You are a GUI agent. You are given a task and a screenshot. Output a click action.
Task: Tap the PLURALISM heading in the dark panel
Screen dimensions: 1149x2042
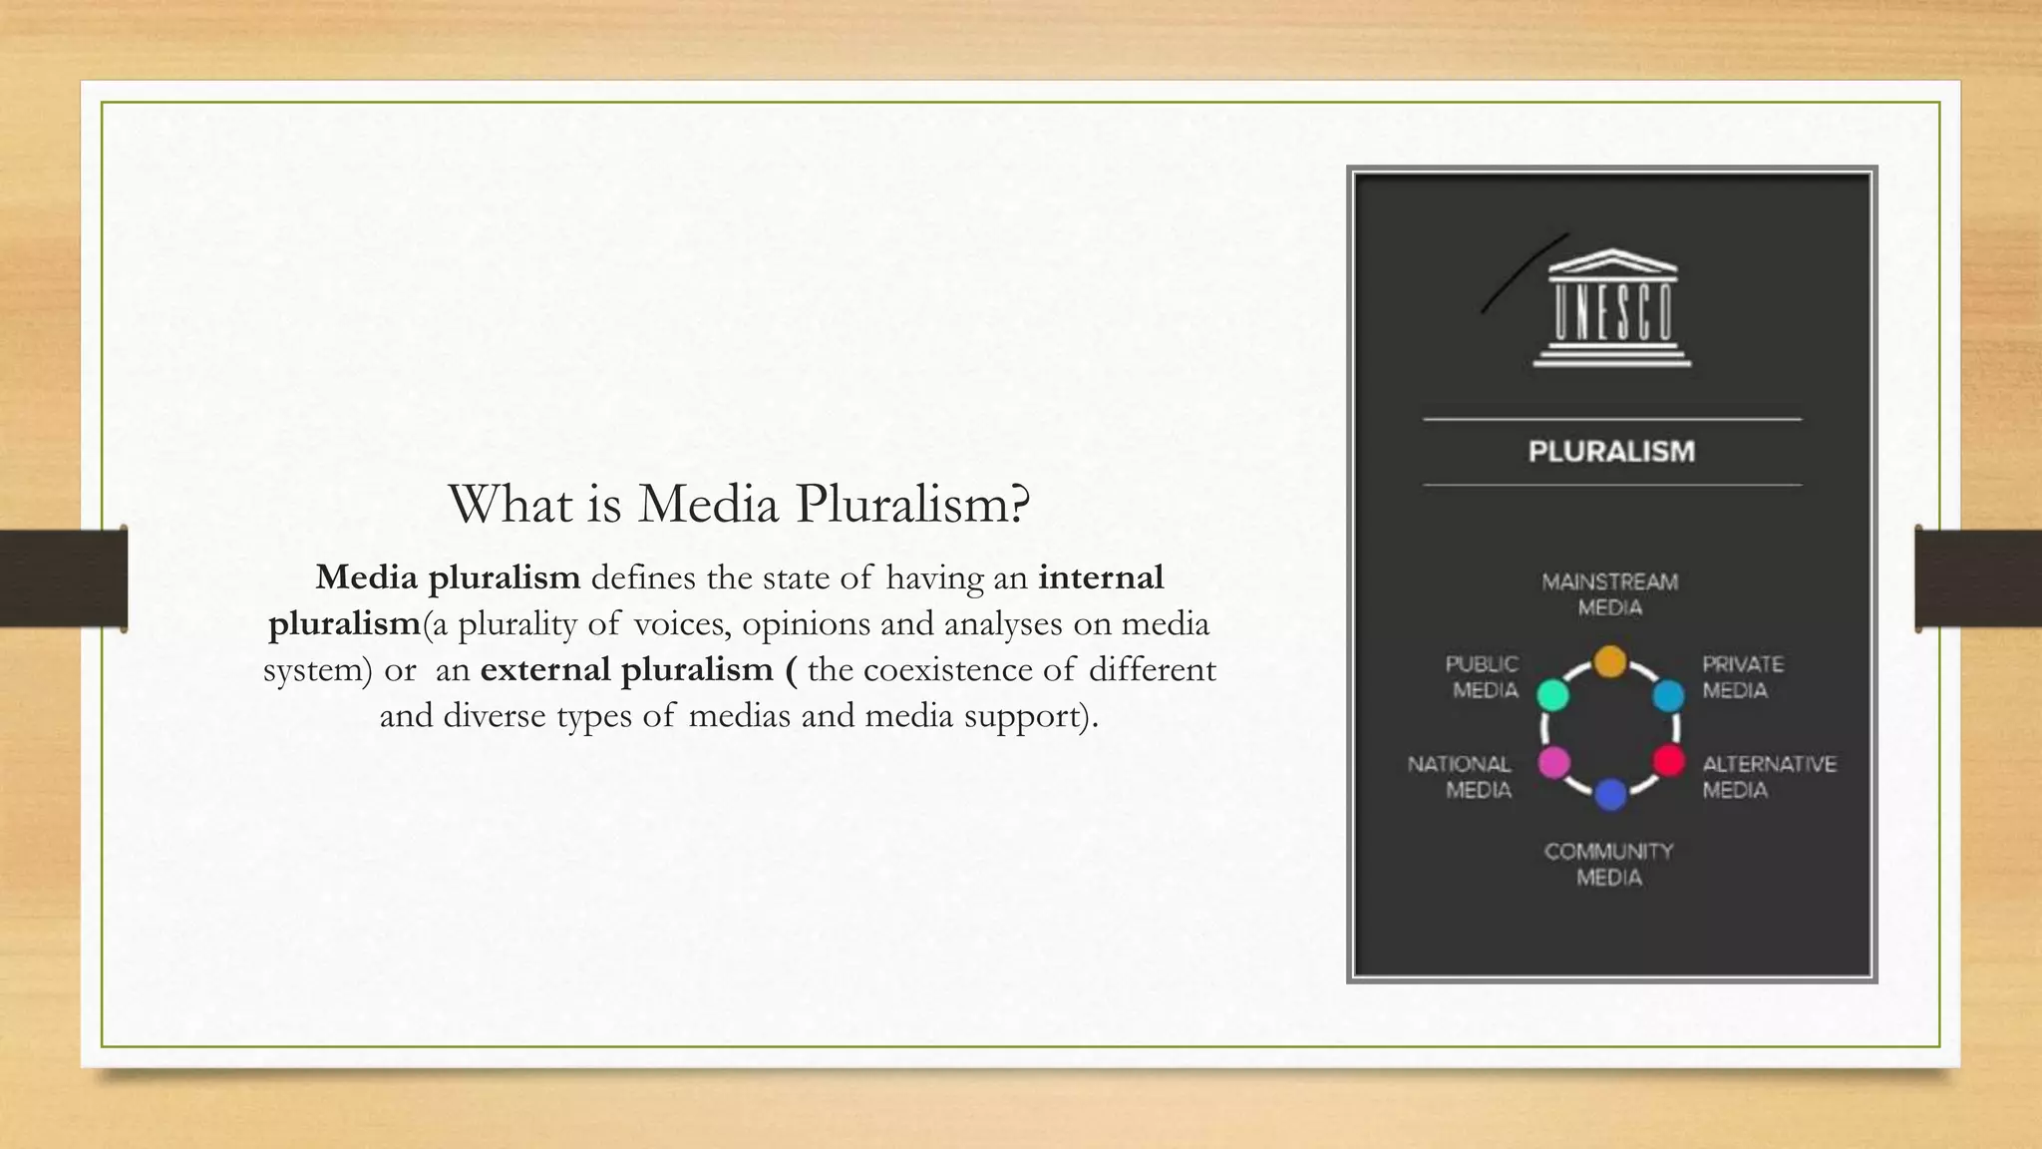point(1611,452)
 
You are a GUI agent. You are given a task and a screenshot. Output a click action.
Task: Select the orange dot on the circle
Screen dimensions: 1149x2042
point(1609,661)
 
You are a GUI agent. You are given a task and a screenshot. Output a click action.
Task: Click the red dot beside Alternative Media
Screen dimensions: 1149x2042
point(1669,762)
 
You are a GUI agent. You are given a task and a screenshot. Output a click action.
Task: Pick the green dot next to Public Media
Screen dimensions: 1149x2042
point(1552,694)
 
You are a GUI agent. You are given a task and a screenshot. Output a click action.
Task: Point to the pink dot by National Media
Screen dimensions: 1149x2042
point(1553,763)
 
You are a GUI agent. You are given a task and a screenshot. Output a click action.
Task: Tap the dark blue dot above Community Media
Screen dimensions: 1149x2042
point(1610,795)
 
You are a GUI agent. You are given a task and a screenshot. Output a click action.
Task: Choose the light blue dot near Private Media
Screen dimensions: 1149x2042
point(1668,695)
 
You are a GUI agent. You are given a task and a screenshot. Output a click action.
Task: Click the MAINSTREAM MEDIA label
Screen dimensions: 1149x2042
point(1610,594)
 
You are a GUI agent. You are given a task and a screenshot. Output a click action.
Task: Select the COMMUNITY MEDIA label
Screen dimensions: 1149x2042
point(1609,864)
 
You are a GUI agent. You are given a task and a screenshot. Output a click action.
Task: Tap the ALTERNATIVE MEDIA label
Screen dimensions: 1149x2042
point(1769,777)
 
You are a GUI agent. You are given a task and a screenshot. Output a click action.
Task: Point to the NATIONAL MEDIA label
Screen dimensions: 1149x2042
point(1460,777)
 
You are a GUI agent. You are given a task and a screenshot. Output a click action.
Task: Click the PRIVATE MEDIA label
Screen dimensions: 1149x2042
point(1742,677)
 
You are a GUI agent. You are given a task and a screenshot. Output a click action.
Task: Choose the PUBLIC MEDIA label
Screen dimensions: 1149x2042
point(1483,677)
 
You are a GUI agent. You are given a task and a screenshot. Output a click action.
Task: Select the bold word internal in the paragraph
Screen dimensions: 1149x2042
point(1101,577)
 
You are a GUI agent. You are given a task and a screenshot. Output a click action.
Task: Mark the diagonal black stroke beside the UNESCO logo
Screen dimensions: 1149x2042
point(1525,273)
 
